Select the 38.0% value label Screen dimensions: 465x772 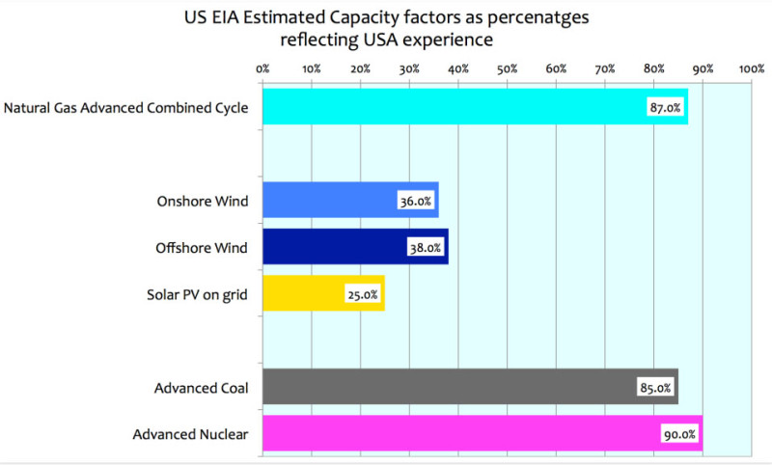(426, 248)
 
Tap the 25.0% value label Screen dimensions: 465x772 (362, 294)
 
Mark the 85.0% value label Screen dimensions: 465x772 (654, 389)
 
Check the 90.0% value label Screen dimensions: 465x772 (679, 435)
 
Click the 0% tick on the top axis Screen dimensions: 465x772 (262, 68)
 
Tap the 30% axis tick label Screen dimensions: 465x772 (409, 68)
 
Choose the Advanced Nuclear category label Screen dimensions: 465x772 (190, 435)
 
